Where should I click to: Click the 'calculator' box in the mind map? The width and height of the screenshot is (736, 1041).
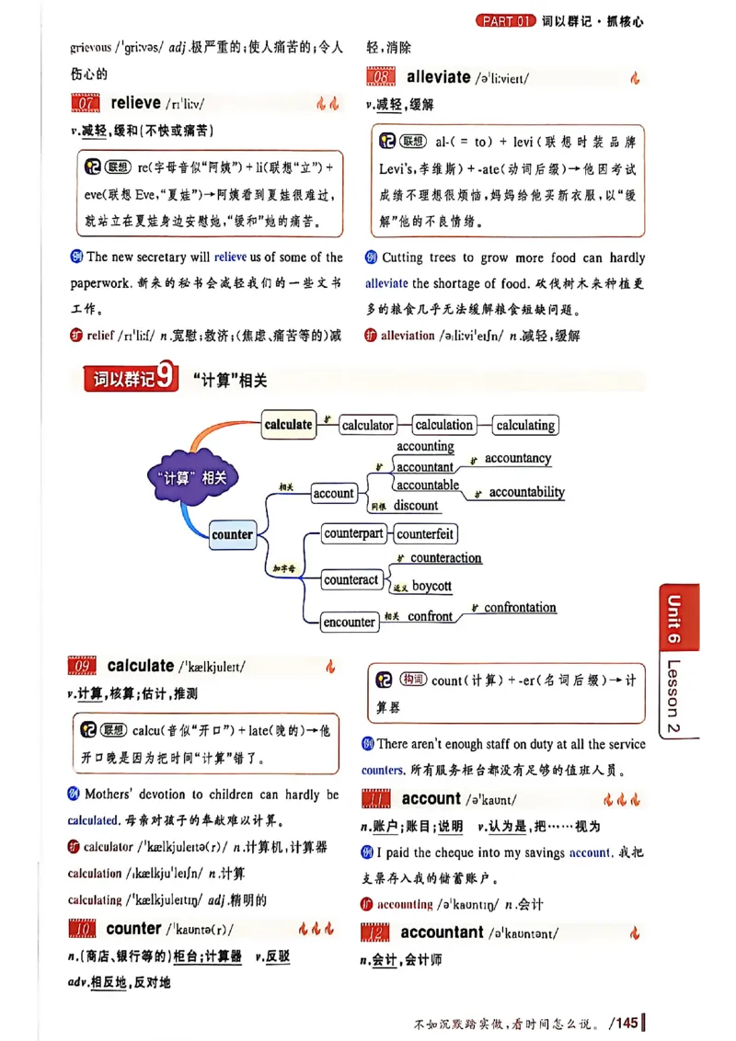click(367, 425)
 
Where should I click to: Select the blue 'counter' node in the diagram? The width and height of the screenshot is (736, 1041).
click(232, 534)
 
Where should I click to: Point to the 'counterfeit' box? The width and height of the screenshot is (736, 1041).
click(425, 534)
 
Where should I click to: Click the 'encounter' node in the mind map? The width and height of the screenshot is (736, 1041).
click(350, 623)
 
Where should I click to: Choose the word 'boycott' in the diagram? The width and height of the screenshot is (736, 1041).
click(431, 586)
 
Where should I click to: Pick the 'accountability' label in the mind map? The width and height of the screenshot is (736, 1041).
click(526, 492)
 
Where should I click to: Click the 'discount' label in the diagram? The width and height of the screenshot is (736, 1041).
click(416, 505)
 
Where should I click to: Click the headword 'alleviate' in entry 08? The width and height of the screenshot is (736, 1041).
click(438, 77)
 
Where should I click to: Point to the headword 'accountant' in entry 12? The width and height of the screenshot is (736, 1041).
click(442, 932)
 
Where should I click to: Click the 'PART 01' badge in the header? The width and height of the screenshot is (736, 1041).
click(505, 20)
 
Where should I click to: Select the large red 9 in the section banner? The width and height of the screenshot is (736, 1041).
click(166, 377)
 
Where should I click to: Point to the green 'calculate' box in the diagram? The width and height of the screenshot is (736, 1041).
click(288, 424)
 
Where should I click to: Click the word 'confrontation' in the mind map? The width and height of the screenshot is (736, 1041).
click(520, 608)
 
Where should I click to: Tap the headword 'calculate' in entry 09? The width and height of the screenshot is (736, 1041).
click(140, 666)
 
